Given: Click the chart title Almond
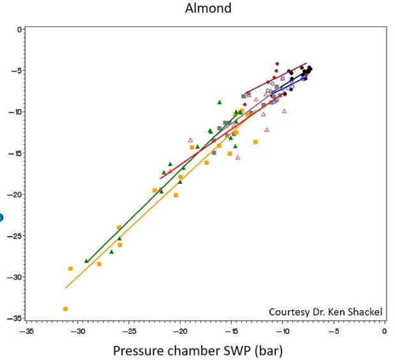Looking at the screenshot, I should tap(207, 9).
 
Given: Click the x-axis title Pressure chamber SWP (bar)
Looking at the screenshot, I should tap(197, 350).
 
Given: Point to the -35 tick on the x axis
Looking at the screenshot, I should tap(27, 332).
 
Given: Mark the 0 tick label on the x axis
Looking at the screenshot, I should tap(384, 332).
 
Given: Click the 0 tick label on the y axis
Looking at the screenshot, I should tap(19, 29).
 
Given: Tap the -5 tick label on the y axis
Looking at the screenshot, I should tap(17, 71).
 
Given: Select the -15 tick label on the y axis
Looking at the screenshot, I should tap(15, 153).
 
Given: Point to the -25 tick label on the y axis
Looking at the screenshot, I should tap(15, 236).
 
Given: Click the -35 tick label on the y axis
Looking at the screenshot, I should tap(15, 318).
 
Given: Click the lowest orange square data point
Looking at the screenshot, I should tap(65, 309).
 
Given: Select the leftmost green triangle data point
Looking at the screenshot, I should tap(87, 260).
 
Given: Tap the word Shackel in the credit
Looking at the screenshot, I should tap(365, 312).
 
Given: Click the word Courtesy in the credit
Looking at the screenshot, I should tap(292, 312).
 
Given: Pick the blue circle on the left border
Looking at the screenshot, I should tap(1, 218).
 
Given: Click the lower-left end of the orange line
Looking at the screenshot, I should tap(66, 288).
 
